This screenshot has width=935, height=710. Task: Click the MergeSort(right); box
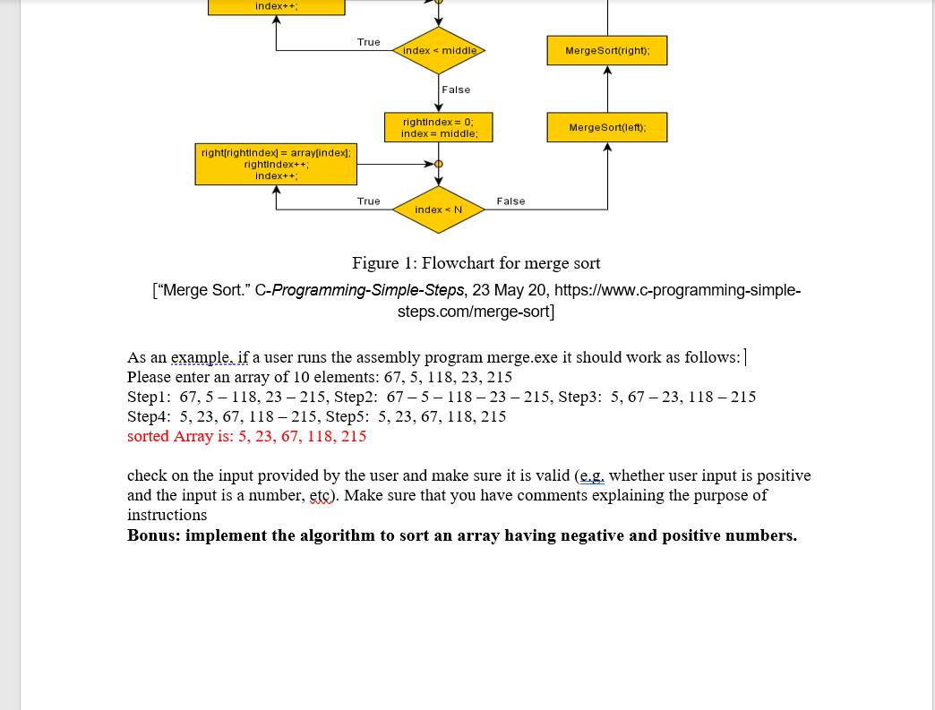[x=606, y=51]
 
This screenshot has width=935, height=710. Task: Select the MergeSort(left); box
[x=606, y=127]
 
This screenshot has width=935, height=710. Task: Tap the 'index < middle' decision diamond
[x=439, y=51]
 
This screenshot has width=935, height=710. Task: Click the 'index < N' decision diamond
[x=439, y=210]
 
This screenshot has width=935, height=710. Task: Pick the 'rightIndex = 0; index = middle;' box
[x=439, y=127]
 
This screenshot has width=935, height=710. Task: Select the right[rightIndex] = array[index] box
[x=276, y=165]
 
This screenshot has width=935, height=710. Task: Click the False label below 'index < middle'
[x=456, y=90]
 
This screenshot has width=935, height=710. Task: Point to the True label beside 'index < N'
[x=368, y=201]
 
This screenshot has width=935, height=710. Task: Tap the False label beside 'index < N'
[x=510, y=201]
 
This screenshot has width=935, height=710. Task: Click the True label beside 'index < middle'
[x=368, y=42]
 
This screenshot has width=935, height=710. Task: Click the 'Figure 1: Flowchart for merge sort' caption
[x=476, y=263]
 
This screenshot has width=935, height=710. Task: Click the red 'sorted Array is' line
[x=246, y=437]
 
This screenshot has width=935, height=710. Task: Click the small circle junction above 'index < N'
[x=439, y=165]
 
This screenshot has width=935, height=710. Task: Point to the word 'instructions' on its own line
[x=167, y=516]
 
